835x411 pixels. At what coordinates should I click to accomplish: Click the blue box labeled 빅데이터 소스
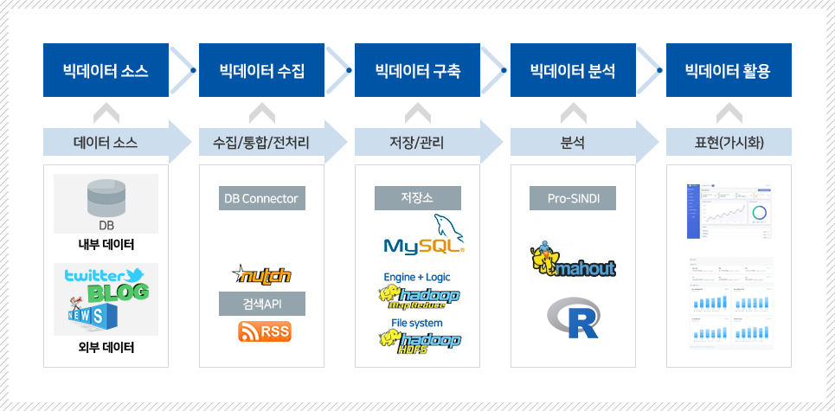coord(106,71)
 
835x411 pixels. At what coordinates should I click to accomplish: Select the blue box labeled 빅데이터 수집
coord(261,71)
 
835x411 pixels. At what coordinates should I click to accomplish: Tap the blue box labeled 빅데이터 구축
coord(417,71)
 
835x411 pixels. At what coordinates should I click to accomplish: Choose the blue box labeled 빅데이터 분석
coord(573,71)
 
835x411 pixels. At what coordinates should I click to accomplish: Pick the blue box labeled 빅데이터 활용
coord(728,71)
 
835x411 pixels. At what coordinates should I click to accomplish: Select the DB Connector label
coord(261,199)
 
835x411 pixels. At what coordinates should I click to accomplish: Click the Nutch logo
coord(261,275)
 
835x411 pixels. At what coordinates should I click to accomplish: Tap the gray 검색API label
coord(261,304)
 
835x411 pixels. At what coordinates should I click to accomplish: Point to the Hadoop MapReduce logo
coord(419,298)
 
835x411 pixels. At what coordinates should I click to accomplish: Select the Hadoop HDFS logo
coord(419,343)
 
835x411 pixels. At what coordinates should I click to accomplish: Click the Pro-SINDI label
coord(573,199)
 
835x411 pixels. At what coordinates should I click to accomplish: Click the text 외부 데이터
coord(106,348)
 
